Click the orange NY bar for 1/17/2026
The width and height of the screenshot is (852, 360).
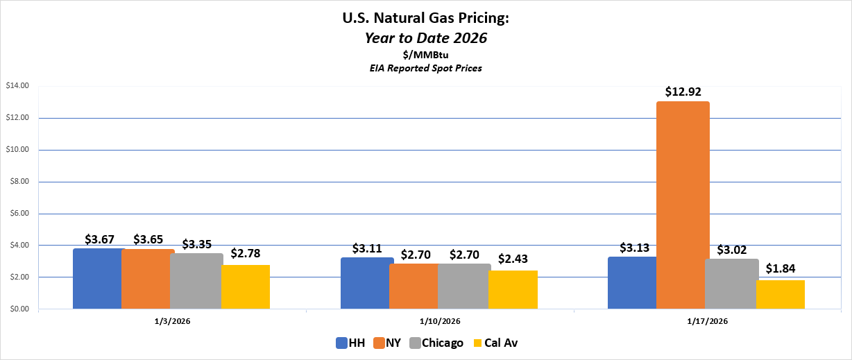[683, 205]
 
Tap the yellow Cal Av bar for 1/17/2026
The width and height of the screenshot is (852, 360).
[781, 295]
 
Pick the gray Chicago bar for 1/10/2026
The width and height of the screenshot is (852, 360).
[464, 286]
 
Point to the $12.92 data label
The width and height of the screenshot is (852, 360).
[683, 92]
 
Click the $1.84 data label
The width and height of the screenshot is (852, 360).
[781, 268]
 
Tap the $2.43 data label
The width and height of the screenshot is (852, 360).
[513, 259]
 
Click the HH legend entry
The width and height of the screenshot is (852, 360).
[351, 343]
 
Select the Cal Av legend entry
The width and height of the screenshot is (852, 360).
[495, 343]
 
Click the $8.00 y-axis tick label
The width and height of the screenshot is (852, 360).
[18, 182]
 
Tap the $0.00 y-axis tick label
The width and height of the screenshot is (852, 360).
[18, 309]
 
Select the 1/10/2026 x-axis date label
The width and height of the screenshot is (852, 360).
[440, 321]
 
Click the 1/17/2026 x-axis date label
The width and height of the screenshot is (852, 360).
[708, 321]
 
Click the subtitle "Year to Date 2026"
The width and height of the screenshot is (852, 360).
[426, 38]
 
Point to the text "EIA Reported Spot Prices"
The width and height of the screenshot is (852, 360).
[426, 68]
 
